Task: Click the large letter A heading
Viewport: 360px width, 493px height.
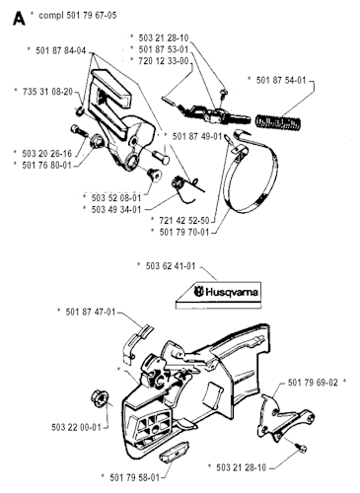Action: pyautogui.click(x=19, y=18)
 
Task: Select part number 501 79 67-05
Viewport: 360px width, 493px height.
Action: pyautogui.click(x=92, y=15)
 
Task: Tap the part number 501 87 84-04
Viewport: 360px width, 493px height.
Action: pyautogui.click(x=61, y=50)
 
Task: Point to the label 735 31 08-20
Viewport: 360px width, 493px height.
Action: pyautogui.click(x=47, y=92)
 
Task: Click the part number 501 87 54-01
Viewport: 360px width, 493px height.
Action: pyautogui.click(x=281, y=80)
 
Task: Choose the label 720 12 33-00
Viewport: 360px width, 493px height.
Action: pyautogui.click(x=164, y=61)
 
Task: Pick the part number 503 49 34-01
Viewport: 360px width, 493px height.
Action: pyautogui.click(x=116, y=209)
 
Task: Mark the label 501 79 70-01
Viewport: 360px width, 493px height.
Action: pyautogui.click(x=184, y=232)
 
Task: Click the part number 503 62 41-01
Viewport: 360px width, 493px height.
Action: pyautogui.click(x=171, y=266)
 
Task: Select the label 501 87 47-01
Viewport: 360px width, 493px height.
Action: pyautogui.click(x=91, y=312)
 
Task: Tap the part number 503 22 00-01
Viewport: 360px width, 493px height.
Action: pyautogui.click(x=76, y=428)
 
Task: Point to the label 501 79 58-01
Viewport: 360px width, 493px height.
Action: pyautogui.click(x=135, y=477)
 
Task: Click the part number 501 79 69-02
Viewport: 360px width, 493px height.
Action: pyautogui.click(x=313, y=383)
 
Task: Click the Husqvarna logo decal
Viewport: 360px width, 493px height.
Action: pyautogui.click(x=219, y=295)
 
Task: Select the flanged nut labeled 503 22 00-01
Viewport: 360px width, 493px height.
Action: pyautogui.click(x=100, y=397)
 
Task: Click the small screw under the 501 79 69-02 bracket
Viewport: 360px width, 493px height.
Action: pyautogui.click(x=302, y=448)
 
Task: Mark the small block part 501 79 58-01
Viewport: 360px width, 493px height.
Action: pyautogui.click(x=174, y=453)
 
